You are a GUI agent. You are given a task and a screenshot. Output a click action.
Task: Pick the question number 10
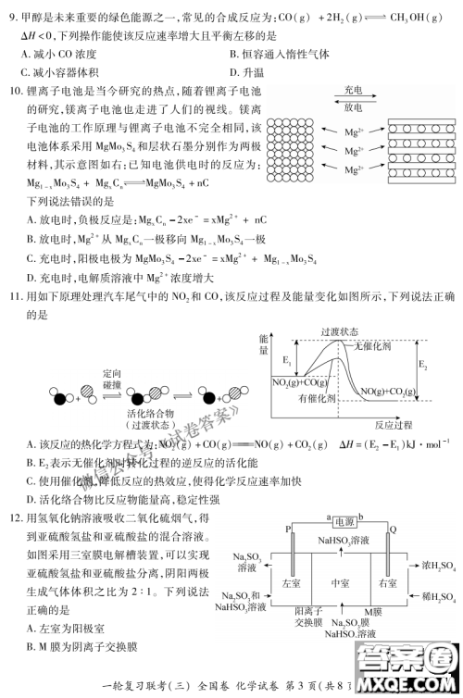pos(16,91)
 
